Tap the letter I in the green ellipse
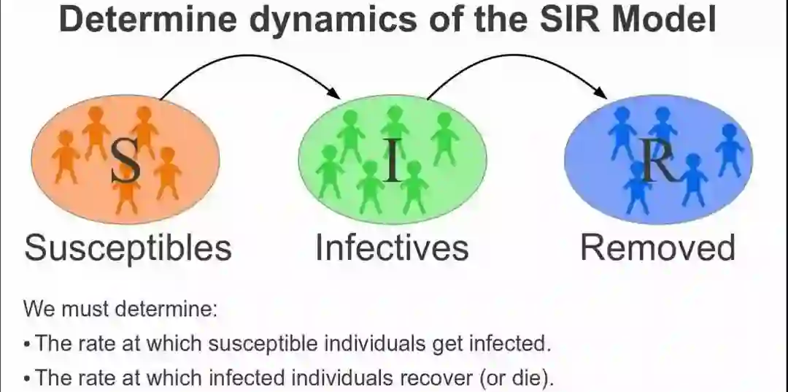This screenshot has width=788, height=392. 393,161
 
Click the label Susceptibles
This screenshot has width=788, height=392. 128,248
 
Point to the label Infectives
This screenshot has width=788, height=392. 392,248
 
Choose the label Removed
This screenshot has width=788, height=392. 657,248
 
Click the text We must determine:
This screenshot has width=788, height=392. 121,308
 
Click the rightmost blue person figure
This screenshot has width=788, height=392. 729,149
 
